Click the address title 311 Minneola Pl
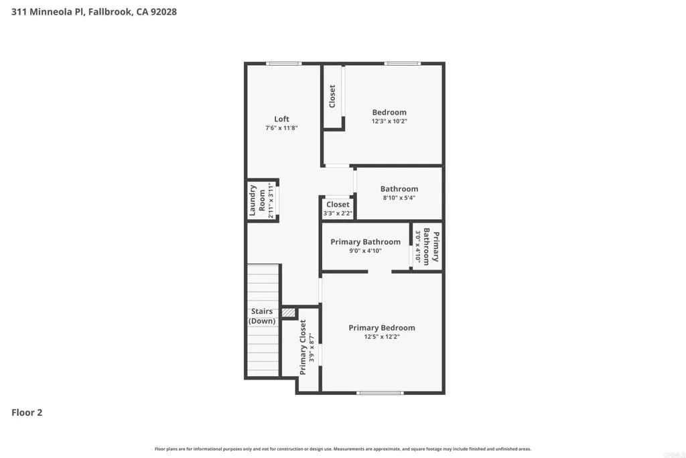coord(94,12)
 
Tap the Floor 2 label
coord(27,412)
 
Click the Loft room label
coord(281,119)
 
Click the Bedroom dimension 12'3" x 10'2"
coord(389,121)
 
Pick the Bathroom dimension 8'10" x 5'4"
coord(399,198)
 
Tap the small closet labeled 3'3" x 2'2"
coord(338,209)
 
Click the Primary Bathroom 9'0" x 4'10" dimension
coord(365,251)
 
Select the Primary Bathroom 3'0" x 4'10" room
coord(427,247)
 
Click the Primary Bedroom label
coord(382,328)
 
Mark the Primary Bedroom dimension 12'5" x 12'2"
coord(382,337)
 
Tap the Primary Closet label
coord(303,347)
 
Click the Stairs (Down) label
coord(262,316)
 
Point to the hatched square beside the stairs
coord(288,312)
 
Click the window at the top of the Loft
coord(283,64)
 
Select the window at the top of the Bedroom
coord(403,64)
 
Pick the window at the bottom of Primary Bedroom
coord(381,393)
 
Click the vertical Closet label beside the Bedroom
coord(332,96)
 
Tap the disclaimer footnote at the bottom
coord(343,449)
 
